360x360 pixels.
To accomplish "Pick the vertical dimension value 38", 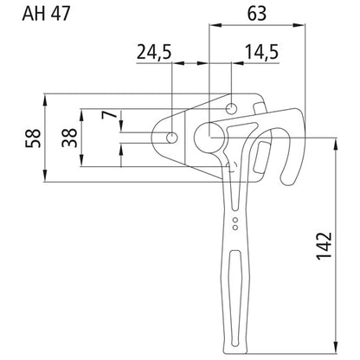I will click(x=68, y=137).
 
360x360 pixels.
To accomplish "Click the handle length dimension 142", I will click(x=323, y=245).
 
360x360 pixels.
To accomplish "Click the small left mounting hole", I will click(x=172, y=137).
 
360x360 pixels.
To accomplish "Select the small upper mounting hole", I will click(x=232, y=108).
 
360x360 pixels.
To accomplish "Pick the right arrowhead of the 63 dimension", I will click(x=306, y=26).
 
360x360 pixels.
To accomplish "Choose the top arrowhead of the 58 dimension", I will click(x=44, y=97).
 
